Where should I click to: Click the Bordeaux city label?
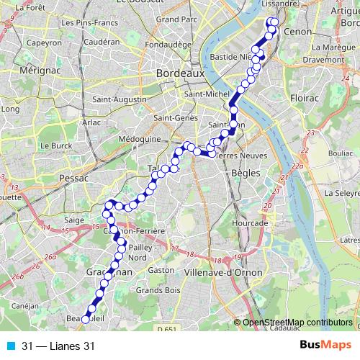181,74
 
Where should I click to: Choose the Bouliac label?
337,153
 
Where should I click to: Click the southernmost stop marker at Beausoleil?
86,319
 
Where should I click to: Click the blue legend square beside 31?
9,346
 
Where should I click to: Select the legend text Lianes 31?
69,346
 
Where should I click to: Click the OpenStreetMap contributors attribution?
295,323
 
